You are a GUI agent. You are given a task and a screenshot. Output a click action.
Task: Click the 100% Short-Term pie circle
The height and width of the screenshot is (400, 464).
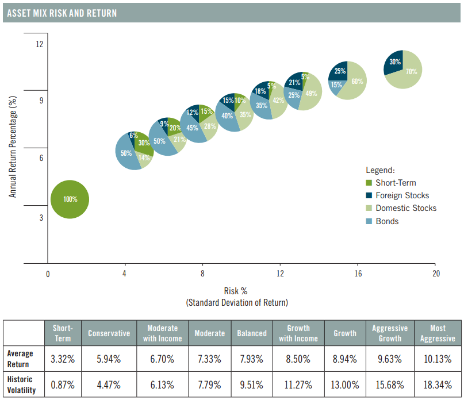70,199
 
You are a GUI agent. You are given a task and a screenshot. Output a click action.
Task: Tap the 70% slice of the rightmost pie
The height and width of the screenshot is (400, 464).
411,72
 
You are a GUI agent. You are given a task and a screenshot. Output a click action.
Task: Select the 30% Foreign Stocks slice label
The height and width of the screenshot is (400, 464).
395,62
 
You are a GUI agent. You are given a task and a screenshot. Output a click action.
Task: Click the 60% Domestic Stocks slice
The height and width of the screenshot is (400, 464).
356,82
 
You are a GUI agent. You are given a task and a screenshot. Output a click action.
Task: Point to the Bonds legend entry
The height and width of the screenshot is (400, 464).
387,221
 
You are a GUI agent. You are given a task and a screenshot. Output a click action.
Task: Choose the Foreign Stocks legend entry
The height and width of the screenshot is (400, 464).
402,195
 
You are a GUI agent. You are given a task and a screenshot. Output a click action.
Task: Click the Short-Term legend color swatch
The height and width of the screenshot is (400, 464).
369,183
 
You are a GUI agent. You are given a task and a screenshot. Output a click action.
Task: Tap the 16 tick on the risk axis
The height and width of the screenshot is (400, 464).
358,273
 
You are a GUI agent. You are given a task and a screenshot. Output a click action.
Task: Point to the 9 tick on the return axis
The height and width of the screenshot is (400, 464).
41,101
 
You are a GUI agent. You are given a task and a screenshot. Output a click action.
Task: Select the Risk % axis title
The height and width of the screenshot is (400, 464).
236,291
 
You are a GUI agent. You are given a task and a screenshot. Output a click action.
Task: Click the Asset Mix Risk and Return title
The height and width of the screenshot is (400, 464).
61,13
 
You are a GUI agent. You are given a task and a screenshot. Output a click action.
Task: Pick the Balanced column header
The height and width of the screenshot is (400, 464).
252,333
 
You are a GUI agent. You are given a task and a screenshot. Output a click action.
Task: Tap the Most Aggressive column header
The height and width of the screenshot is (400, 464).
438,333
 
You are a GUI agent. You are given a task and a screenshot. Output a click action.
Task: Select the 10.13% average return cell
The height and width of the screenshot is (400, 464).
438,359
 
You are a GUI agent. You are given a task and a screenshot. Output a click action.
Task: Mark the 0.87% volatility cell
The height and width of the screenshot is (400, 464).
63,384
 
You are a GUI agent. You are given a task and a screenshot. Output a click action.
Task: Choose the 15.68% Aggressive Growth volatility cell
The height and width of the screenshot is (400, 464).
390,384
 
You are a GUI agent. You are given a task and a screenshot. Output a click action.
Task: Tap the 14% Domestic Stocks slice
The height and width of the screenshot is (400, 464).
144,158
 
